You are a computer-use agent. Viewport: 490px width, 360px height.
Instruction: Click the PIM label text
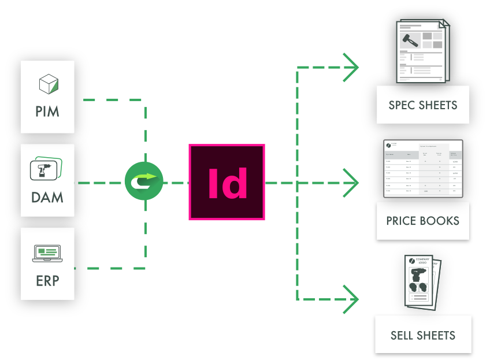pos(47,111)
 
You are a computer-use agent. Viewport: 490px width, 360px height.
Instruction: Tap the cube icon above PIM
pos(48,84)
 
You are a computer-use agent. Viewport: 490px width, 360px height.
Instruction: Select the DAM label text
pos(47,197)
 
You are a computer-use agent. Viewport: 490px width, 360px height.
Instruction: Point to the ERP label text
pos(47,281)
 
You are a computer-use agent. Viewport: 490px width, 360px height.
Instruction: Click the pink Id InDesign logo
pos(227,183)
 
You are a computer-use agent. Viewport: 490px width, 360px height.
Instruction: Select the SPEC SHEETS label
pos(423,105)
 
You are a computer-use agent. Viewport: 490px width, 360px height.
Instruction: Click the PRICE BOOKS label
pos(423,221)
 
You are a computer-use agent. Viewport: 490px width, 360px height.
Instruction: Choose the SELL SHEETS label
pos(423,335)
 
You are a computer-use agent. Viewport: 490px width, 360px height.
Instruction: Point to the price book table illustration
pos(423,168)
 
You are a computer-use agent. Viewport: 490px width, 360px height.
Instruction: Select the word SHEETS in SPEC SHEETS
pos(438,105)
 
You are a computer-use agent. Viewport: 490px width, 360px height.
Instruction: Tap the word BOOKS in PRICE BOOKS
pos(440,221)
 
